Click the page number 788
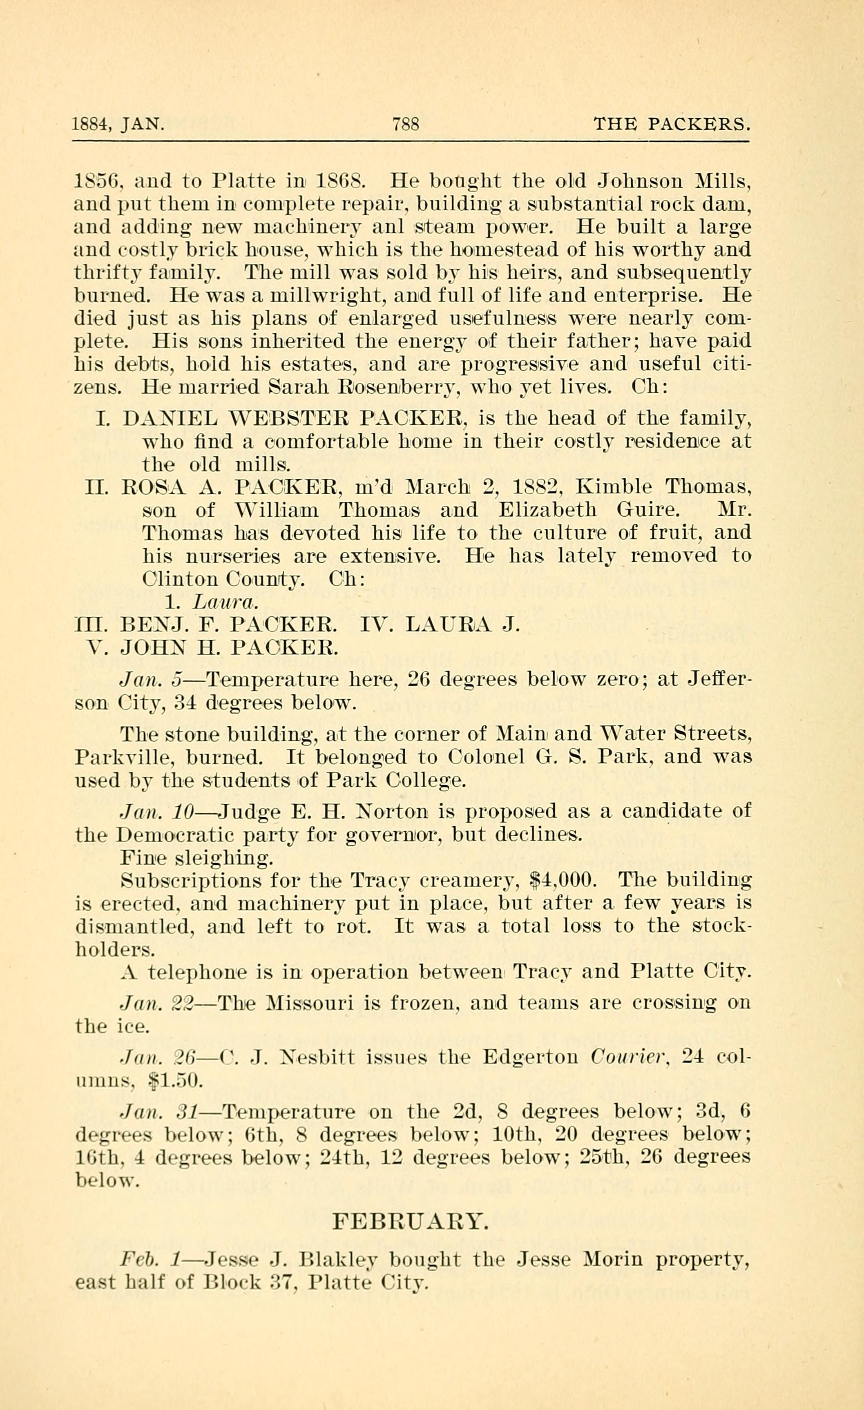point(406,124)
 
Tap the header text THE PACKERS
point(671,124)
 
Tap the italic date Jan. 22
point(156,1003)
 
